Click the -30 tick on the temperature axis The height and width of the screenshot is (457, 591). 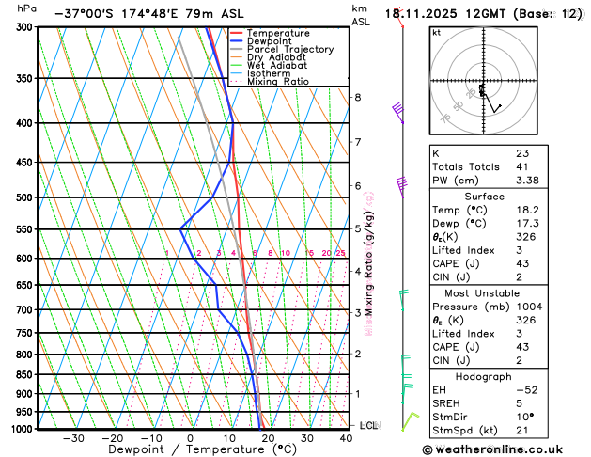click(x=73, y=438)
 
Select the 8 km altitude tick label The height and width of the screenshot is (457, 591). click(x=357, y=98)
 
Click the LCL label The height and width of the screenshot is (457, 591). click(x=368, y=426)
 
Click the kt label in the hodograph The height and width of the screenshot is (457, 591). click(x=436, y=32)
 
